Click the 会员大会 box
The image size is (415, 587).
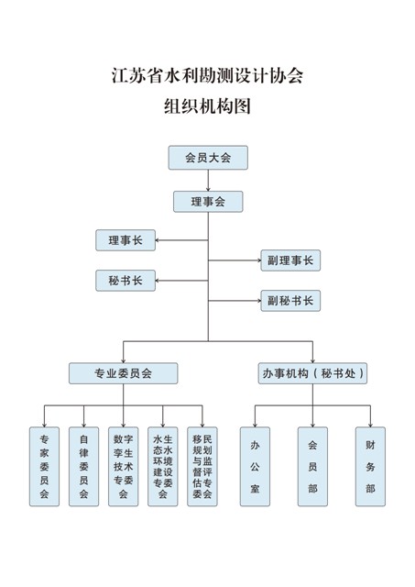click(208, 158)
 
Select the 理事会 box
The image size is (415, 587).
click(208, 202)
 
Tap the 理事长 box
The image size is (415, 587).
click(126, 240)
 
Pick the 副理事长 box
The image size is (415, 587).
click(290, 260)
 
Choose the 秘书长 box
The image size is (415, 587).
click(126, 281)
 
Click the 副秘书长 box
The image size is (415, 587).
click(290, 301)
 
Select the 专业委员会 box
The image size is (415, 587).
click(124, 373)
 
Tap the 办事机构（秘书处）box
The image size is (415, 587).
click(312, 373)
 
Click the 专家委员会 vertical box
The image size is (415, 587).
click(45, 467)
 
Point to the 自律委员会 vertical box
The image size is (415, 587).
click(83, 467)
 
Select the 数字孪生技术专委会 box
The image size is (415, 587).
click(124, 467)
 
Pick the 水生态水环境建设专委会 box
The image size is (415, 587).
click(163, 467)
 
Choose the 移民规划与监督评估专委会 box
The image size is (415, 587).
click(202, 467)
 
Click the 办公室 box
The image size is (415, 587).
click(255, 467)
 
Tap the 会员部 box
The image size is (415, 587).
click(312, 467)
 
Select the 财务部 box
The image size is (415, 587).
click(370, 467)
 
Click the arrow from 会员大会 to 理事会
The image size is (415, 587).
click(208, 181)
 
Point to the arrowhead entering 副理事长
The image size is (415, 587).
click(258, 260)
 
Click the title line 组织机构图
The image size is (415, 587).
click(207, 106)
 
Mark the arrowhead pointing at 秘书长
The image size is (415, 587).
click(158, 281)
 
